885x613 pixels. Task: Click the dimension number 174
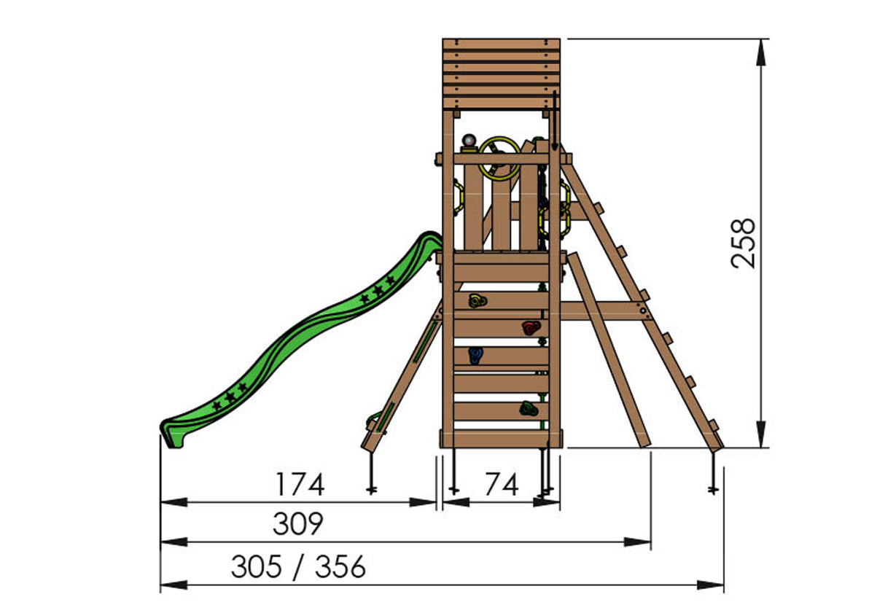pyautogui.click(x=299, y=485)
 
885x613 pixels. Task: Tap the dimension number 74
pyautogui.click(x=502, y=485)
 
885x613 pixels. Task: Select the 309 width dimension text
pyautogui.click(x=297, y=524)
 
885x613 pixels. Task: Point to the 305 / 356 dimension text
pyautogui.click(x=298, y=567)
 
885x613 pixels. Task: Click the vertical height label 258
pyautogui.click(x=744, y=243)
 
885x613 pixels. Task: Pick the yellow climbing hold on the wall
pyautogui.click(x=477, y=300)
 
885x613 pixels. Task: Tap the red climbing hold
pyautogui.click(x=530, y=327)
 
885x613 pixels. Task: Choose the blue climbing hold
pyautogui.click(x=475, y=355)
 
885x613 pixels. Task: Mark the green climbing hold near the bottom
pyautogui.click(x=529, y=409)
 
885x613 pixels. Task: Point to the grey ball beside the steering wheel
pyautogui.click(x=469, y=140)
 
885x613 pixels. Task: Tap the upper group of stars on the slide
pyautogui.click(x=378, y=291)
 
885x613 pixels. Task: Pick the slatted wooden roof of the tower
pyautogui.click(x=502, y=73)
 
